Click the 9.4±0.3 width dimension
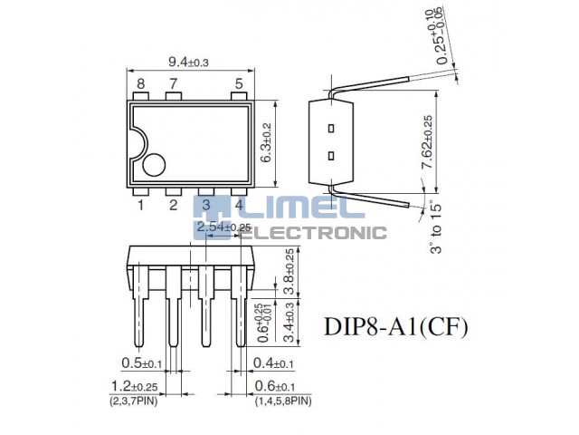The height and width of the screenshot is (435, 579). (188, 62)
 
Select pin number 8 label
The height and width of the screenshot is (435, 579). (141, 84)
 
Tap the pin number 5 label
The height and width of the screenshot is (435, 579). (239, 84)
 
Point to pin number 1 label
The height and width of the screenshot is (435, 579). (141, 205)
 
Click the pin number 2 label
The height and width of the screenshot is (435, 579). (173, 205)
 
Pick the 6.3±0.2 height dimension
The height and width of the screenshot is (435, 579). (266, 142)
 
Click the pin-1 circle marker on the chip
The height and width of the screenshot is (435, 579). (154, 165)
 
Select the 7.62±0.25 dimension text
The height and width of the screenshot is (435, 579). (427, 142)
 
